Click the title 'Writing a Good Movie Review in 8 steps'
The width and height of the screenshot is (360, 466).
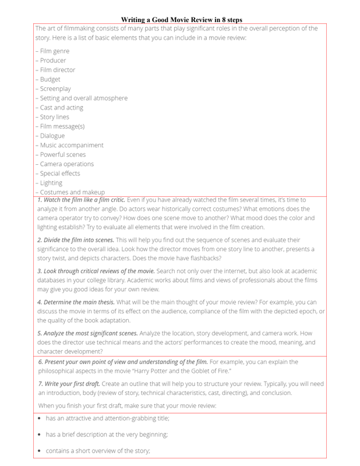181,20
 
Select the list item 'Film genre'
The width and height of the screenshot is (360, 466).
54,51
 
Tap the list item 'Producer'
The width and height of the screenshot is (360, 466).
52,61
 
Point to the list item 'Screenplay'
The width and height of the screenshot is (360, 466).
55,89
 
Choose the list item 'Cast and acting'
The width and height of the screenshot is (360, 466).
61,107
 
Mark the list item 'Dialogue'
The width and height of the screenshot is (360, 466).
52,136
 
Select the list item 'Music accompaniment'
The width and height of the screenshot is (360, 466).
71,145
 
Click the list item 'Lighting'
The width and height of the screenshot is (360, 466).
51,182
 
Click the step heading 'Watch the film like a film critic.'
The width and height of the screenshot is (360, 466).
81,200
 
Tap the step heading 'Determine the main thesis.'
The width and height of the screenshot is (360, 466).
76,302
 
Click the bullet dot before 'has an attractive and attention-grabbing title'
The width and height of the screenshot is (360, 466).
39,419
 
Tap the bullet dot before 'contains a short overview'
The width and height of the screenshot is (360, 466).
39,451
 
